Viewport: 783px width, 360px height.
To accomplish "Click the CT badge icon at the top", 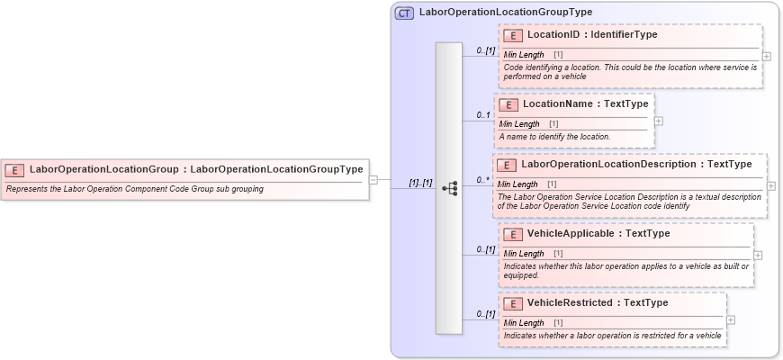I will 404,13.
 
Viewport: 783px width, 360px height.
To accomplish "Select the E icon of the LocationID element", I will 513,35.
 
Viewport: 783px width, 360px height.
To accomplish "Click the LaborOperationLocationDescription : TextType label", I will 636,164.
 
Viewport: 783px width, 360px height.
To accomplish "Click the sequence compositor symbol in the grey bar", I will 449,188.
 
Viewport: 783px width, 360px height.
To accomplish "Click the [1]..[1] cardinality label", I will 420,183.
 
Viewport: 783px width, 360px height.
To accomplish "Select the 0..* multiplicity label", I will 483,180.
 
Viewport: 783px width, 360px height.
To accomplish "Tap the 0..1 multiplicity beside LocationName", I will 483,115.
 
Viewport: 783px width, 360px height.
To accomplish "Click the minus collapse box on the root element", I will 373,179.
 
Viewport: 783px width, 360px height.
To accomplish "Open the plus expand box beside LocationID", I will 766,56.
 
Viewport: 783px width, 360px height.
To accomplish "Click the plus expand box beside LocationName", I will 659,120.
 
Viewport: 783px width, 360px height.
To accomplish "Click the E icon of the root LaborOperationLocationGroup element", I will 14,169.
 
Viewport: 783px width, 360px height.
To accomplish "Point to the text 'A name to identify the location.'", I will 554,136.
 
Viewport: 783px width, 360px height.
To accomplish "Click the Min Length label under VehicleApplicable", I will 524,253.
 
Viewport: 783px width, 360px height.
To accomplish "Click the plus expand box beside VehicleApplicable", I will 757,255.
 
